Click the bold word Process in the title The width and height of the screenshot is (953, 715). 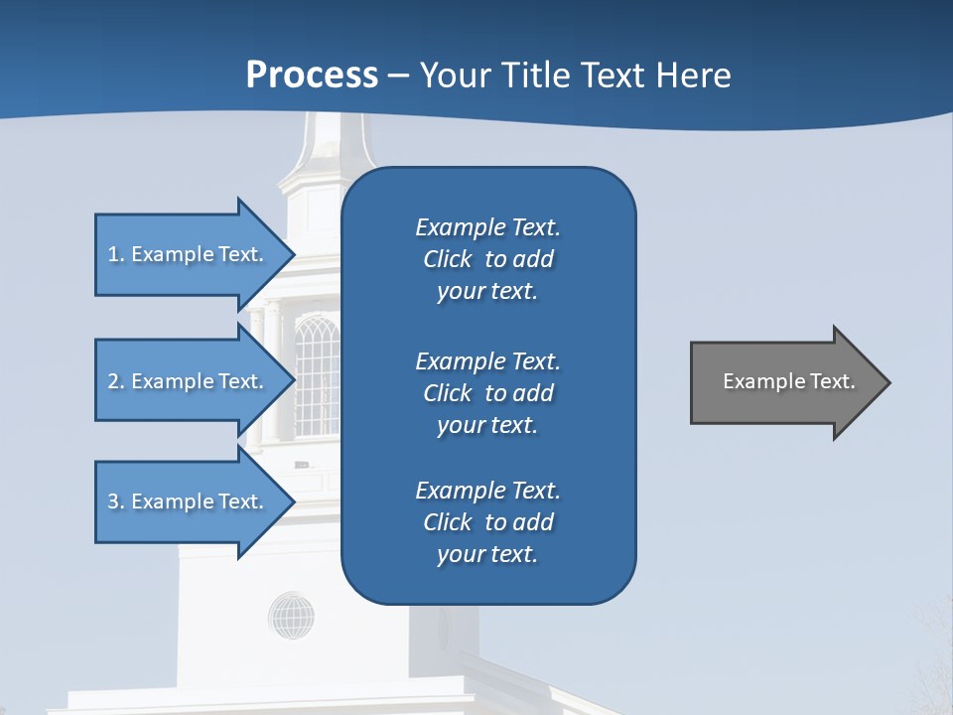[312, 75]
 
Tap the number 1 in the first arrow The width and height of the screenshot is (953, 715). [113, 254]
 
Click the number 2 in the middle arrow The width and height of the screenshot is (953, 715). [113, 381]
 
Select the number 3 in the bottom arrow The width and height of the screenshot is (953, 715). [113, 501]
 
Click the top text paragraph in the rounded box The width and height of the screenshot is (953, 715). [487, 259]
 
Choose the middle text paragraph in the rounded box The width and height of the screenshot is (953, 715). [487, 393]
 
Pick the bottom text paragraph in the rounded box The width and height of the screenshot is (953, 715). [487, 522]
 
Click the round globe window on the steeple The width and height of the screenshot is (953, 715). [291, 615]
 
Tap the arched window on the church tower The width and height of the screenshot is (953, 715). [317, 375]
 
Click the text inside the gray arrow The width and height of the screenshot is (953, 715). [788, 381]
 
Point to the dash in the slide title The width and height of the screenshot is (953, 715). [398, 76]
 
